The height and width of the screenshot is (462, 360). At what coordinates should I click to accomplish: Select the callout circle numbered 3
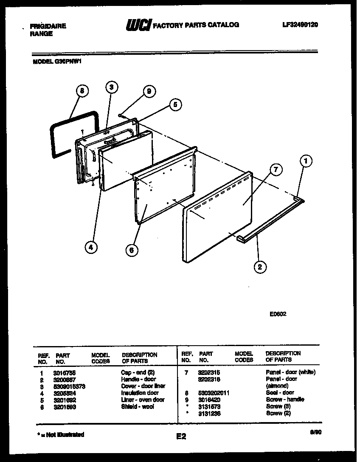111,87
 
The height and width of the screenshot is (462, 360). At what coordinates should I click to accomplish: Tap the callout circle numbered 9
149,91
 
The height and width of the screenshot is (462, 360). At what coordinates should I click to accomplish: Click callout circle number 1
306,161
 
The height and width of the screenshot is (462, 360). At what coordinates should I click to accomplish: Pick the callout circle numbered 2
260,267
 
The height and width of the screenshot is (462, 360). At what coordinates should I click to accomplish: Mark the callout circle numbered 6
132,250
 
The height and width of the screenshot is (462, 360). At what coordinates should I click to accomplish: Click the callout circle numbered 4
90,247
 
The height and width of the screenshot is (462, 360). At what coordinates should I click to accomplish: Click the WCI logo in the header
138,25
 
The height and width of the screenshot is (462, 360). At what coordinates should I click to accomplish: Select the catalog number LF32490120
300,25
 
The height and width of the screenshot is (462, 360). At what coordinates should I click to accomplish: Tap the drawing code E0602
278,315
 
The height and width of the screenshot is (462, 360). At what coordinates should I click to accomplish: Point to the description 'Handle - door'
138,379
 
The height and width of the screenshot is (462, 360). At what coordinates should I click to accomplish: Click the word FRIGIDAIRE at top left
48,26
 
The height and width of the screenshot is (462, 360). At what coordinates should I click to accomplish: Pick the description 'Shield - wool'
137,406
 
